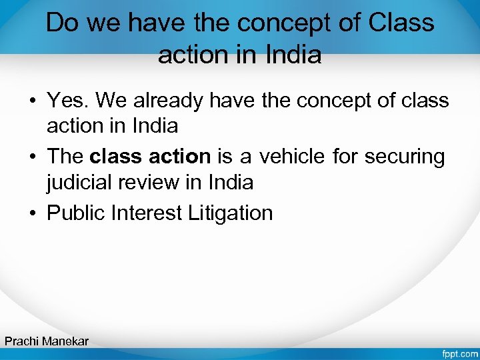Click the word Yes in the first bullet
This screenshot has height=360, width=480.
click(x=68, y=101)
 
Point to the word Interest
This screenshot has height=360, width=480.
click(x=148, y=213)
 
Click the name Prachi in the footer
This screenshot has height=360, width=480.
click(x=21, y=341)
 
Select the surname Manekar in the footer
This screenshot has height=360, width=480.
click(x=65, y=341)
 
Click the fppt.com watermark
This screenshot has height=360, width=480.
click(x=459, y=352)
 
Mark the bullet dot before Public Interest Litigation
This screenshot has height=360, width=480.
click(x=32, y=213)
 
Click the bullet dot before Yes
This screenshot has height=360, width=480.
click(x=32, y=101)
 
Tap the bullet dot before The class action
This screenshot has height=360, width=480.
click(x=32, y=157)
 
